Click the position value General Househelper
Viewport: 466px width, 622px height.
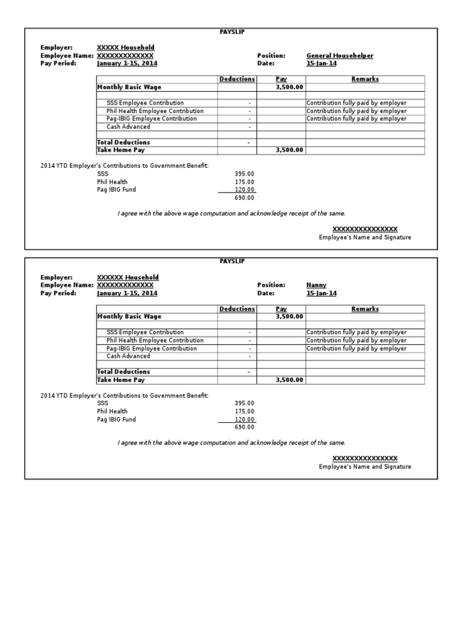coord(340,55)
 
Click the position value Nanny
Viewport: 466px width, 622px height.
coord(316,285)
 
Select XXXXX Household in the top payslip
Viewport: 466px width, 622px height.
coord(126,47)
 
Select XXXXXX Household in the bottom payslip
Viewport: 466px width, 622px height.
coord(128,277)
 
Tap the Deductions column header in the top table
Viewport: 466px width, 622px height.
coord(237,79)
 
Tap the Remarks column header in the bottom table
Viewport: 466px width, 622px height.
coord(365,309)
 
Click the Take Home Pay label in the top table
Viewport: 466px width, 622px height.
coord(121,150)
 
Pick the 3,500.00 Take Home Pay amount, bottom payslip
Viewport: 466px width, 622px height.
coord(289,380)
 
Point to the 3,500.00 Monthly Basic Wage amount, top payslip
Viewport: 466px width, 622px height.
coord(289,87)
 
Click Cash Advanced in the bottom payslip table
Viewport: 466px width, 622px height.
coord(128,356)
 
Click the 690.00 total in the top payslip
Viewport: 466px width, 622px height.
coord(245,197)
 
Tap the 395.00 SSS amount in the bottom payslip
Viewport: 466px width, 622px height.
coord(245,403)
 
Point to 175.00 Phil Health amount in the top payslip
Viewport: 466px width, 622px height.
coord(245,182)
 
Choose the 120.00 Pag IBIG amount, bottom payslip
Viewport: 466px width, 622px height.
coord(245,419)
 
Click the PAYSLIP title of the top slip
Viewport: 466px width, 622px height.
coord(232,32)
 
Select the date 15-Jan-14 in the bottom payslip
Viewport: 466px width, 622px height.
coord(322,293)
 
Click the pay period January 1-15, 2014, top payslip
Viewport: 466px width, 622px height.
coord(127,63)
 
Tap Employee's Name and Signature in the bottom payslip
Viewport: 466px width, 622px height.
coord(365,466)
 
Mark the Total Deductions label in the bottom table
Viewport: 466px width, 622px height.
coord(123,371)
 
